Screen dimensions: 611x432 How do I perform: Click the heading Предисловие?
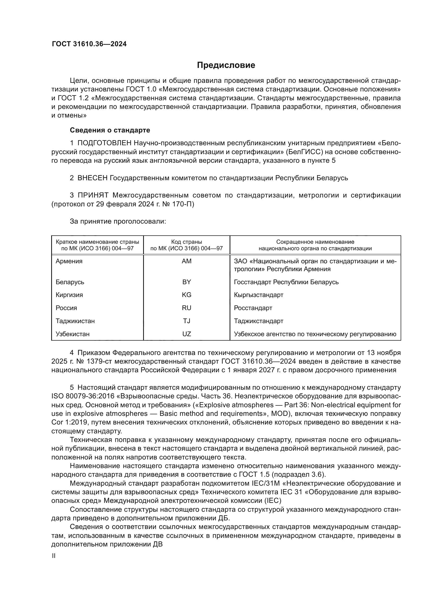pos(226,65)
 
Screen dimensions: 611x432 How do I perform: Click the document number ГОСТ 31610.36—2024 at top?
pos(89,44)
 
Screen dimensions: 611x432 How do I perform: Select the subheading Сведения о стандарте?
pos(110,130)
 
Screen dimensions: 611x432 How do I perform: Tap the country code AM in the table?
pos(186,261)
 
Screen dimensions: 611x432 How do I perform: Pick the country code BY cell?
pos(186,282)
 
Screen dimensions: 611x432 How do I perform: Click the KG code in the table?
pos(186,295)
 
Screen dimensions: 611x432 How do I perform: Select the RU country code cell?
pos(186,308)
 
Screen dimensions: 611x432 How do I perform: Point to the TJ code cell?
pos(186,321)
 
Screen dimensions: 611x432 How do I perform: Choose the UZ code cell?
pos(186,334)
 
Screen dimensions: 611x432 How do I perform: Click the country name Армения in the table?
pos(69,261)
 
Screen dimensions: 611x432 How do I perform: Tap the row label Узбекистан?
pos(72,334)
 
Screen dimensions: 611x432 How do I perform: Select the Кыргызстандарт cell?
pos(259,295)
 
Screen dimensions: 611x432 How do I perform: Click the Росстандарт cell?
pos(253,308)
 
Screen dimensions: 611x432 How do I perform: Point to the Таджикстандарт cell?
pos(259,321)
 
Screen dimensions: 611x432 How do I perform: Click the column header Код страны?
pos(186,242)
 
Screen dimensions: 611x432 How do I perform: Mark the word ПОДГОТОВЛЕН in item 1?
pos(104,143)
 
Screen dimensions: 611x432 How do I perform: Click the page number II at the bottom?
pos(54,556)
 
